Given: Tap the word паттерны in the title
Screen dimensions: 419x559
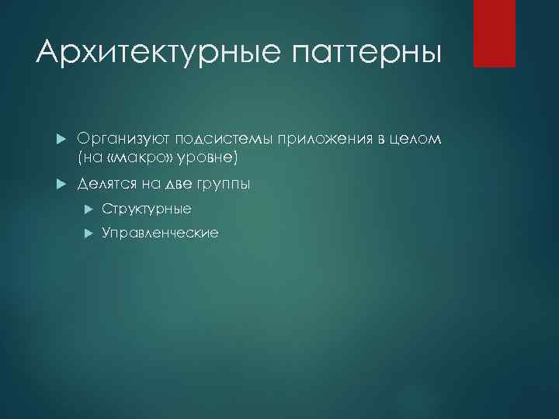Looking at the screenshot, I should [367, 54].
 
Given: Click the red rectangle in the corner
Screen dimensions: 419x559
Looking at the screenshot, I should [495, 33].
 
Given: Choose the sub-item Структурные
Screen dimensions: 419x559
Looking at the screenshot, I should [146, 209].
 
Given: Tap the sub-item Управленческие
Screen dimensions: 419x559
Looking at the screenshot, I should [160, 233].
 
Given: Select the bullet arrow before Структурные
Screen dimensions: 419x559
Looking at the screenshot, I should [88, 209].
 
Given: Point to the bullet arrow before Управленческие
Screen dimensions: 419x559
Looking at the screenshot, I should [88, 233].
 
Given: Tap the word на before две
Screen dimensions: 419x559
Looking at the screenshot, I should [147, 184].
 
